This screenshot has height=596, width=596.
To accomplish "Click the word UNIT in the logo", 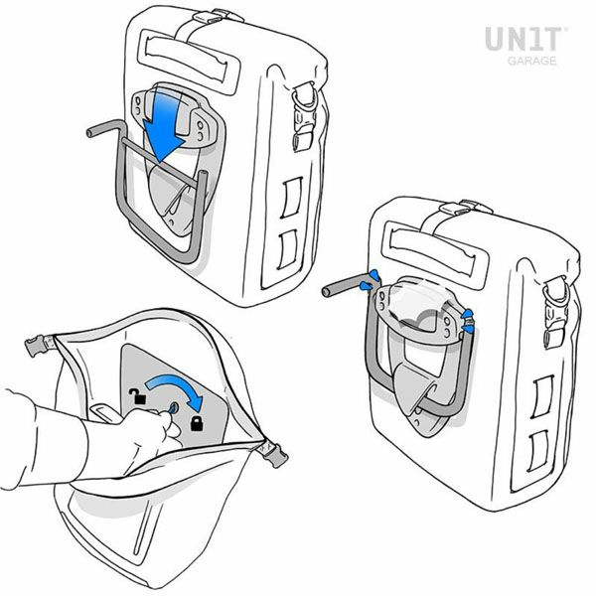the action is pos(523,39).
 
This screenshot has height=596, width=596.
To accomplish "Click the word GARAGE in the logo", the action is pos(532,61).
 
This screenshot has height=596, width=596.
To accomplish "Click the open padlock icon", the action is pos(138,396).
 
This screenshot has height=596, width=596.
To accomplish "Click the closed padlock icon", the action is pos(197,423).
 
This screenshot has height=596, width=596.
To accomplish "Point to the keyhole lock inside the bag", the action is pos(173,409).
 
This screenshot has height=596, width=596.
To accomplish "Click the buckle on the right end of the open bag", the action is pos(276,455).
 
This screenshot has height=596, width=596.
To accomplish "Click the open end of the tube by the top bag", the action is pos(90,133).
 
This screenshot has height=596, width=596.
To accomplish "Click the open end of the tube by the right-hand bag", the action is pos(326,292).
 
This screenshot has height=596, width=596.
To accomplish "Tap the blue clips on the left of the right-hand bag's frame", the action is pos(369,281).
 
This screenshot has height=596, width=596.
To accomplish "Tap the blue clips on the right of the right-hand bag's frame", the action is pos(468,321).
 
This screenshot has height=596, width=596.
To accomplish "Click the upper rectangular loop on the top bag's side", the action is pos(291,198).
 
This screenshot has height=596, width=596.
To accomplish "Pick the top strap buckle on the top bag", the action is pos(207,17).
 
